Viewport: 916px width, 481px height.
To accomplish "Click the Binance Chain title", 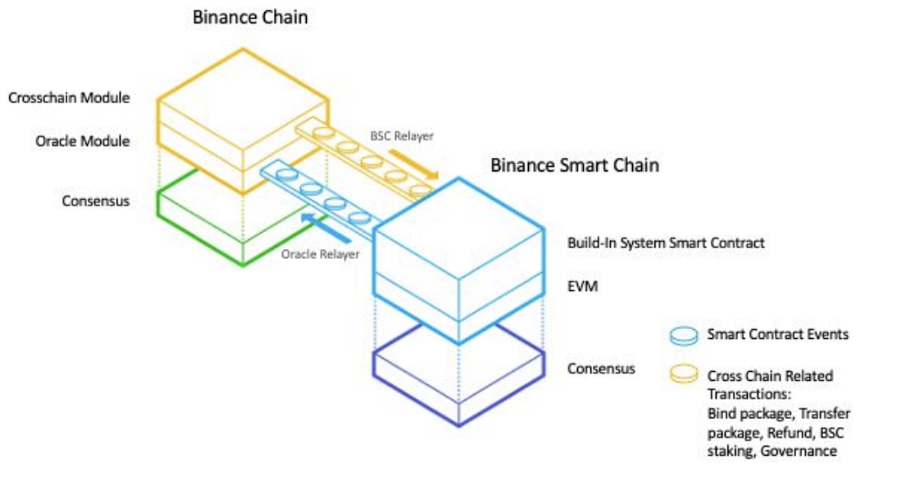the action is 250,18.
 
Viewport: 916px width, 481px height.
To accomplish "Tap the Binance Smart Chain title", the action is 575,166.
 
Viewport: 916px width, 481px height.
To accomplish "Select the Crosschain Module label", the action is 69,98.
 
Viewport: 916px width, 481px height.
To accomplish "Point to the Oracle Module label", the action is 82,141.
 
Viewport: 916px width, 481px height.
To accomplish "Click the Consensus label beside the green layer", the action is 95,201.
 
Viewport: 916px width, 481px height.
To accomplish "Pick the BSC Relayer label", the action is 402,136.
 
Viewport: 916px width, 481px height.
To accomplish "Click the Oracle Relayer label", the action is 320,254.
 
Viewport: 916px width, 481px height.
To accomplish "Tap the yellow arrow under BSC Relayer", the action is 413,164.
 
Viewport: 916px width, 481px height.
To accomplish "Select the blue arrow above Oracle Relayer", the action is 326,228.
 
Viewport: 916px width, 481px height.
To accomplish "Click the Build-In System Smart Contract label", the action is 666,243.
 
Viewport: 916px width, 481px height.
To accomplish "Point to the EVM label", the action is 582,286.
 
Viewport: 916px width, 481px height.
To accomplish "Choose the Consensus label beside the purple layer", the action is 601,369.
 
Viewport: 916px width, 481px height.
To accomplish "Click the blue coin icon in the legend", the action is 684,336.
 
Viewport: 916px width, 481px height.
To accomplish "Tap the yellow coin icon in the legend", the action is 684,373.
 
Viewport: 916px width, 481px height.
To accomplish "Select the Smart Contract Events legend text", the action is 778,334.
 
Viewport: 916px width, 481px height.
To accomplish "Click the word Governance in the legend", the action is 798,451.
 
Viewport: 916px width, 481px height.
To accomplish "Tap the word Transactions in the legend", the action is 749,395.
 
